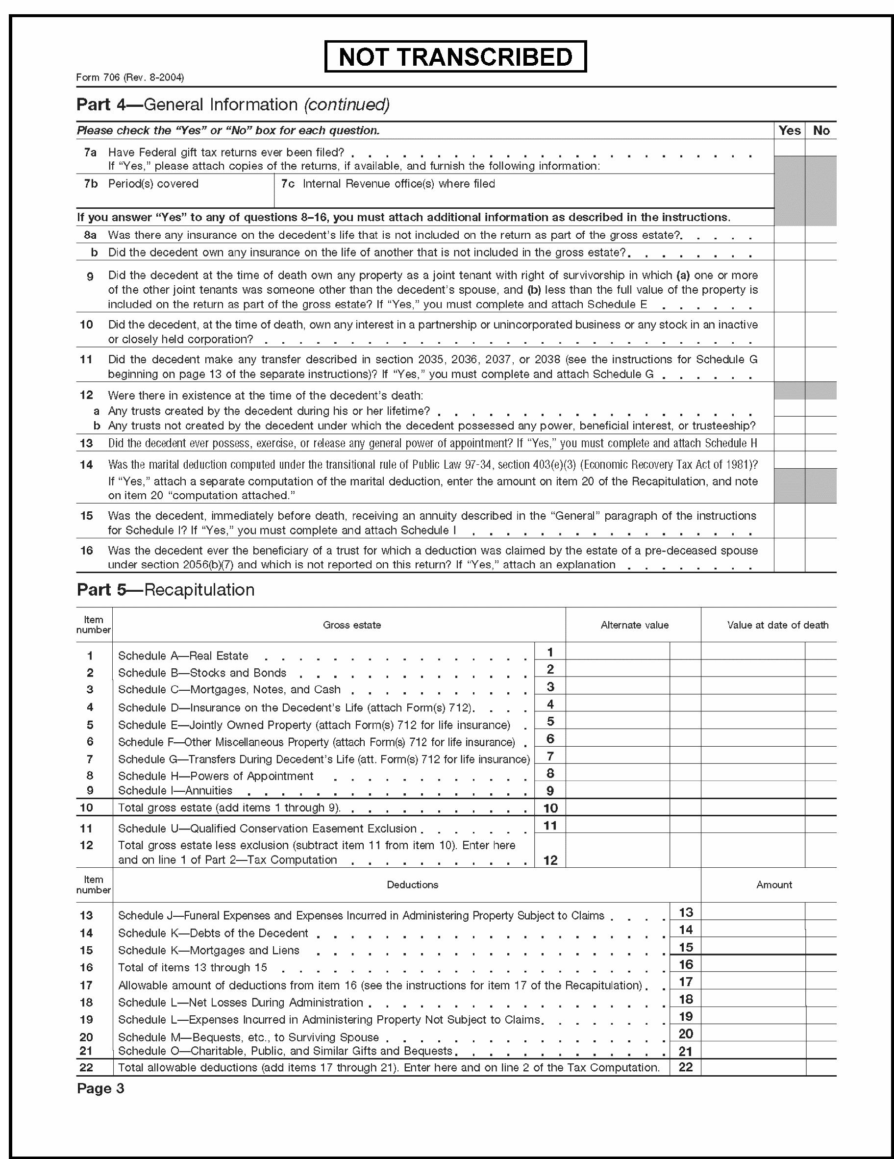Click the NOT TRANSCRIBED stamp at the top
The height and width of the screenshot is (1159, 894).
[x=455, y=57]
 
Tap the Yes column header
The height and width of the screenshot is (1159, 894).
[x=789, y=130]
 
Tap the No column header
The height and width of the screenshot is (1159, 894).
[x=821, y=130]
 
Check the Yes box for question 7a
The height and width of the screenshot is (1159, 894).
[x=789, y=148]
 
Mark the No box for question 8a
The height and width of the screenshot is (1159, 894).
[x=821, y=234]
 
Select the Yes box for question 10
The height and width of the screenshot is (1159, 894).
[x=789, y=330]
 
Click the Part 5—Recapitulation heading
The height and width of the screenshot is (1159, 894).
[x=166, y=590]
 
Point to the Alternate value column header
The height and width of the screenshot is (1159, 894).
[x=634, y=625]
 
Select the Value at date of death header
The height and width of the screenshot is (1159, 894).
[x=777, y=625]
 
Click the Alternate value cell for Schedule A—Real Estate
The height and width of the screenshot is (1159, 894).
[x=617, y=651]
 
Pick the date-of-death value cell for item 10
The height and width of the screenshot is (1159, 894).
[x=752, y=807]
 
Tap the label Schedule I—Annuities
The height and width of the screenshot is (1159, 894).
[x=175, y=791]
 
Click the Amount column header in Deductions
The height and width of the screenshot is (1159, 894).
[x=773, y=884]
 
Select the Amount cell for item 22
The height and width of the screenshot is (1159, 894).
[x=752, y=1067]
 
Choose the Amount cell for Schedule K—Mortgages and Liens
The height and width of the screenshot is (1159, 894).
[x=752, y=946]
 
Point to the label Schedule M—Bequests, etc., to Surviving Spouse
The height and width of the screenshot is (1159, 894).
[x=248, y=1037]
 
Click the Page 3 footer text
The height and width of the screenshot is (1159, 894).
[x=100, y=1088]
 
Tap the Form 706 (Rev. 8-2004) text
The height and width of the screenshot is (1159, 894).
[x=130, y=77]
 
